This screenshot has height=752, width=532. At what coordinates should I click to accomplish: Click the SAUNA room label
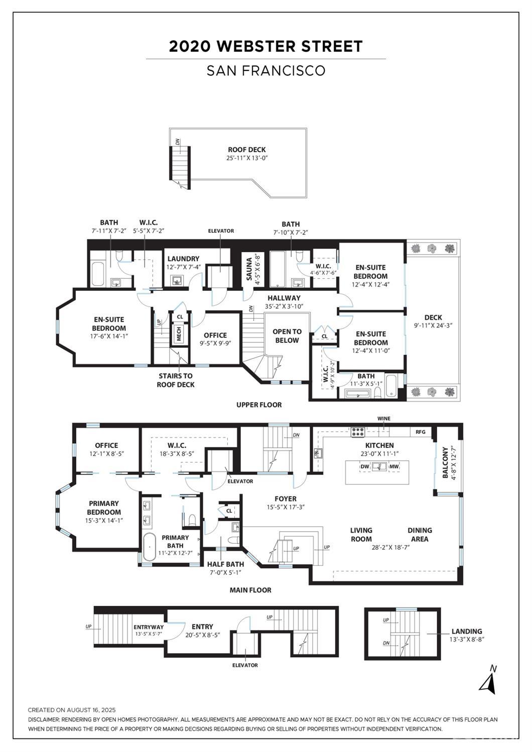[x=249, y=271]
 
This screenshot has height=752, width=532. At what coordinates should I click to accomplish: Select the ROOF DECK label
[x=247, y=150]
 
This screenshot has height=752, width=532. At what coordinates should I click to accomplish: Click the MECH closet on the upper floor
[x=179, y=334]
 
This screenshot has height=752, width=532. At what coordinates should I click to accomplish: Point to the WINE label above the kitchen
[x=383, y=419]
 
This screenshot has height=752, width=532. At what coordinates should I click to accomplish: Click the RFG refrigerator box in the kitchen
[x=421, y=432]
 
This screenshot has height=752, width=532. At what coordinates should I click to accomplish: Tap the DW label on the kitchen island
[x=365, y=466]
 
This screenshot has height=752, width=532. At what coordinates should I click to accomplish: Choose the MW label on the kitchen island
[x=394, y=466]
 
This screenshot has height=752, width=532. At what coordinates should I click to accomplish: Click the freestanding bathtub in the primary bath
[x=150, y=547]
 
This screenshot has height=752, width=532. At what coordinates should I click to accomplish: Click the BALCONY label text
[x=445, y=462]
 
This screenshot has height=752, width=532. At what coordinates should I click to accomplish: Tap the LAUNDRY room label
[x=183, y=259]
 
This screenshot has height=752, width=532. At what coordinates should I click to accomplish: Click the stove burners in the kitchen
[x=358, y=432]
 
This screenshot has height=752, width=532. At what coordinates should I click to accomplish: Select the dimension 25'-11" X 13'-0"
[x=247, y=158]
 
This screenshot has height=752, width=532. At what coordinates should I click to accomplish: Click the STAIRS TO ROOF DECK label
[x=176, y=380]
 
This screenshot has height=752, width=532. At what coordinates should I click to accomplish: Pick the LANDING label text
[x=467, y=631]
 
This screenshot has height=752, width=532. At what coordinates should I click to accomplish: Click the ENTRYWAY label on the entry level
[x=149, y=627]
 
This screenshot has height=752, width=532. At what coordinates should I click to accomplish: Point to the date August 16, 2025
[x=91, y=710]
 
